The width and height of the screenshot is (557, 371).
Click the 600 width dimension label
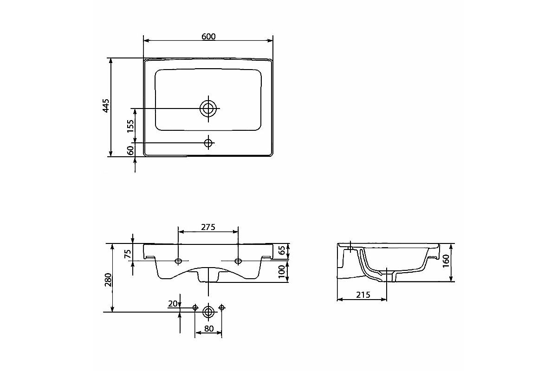[x=208, y=37]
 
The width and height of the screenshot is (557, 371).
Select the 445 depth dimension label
[x=106, y=106]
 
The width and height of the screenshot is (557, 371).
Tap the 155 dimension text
[x=130, y=126]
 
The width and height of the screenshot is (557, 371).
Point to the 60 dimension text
[x=130, y=150]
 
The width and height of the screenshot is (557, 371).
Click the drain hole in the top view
[x=208, y=109]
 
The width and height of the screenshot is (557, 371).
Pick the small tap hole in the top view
[x=208, y=143]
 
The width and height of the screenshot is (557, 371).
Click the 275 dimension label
[x=208, y=227]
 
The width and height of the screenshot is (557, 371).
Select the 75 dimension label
[x=128, y=254]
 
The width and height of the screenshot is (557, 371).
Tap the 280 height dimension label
[x=108, y=280]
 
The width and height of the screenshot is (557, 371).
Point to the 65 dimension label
[x=281, y=250]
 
